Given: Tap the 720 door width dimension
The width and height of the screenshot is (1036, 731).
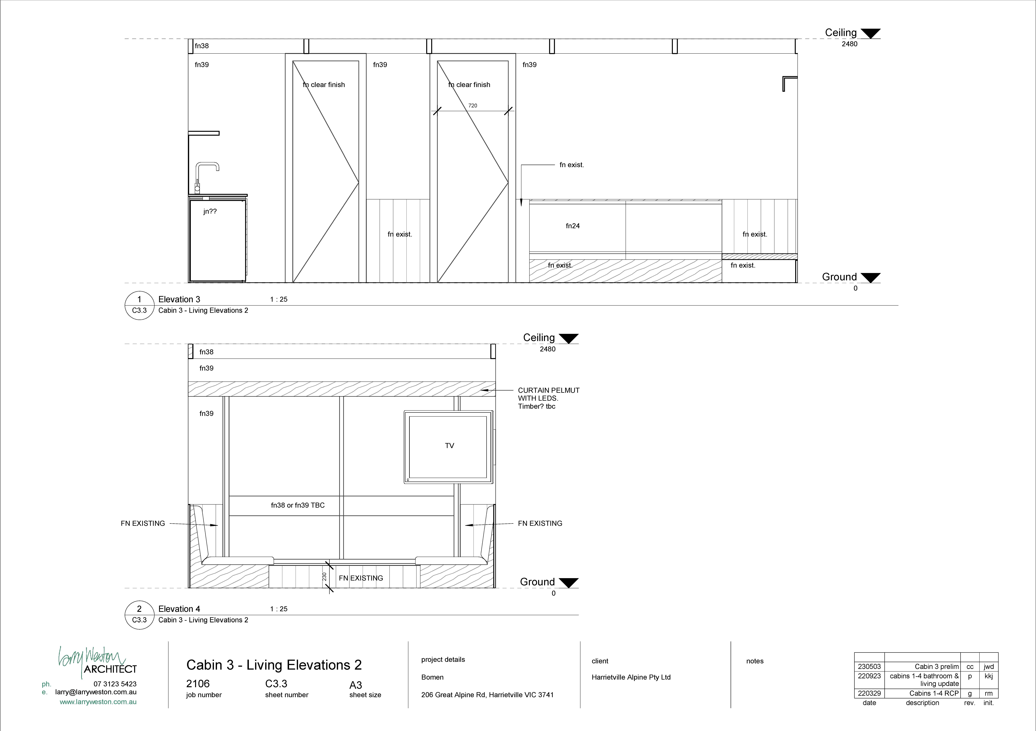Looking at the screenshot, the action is [472, 106].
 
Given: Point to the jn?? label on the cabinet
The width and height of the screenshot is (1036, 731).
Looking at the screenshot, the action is [210, 211].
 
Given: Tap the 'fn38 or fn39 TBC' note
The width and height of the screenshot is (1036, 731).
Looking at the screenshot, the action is [298, 505].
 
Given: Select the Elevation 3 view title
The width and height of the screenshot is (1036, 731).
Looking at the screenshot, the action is [179, 299].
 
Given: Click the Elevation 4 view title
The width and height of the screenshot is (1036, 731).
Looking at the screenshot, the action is [179, 609].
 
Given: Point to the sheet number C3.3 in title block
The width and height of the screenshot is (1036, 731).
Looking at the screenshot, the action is [276, 684].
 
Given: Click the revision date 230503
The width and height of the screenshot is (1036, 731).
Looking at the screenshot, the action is [869, 666].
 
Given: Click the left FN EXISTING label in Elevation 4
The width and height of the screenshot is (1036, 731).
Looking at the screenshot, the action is [143, 523].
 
